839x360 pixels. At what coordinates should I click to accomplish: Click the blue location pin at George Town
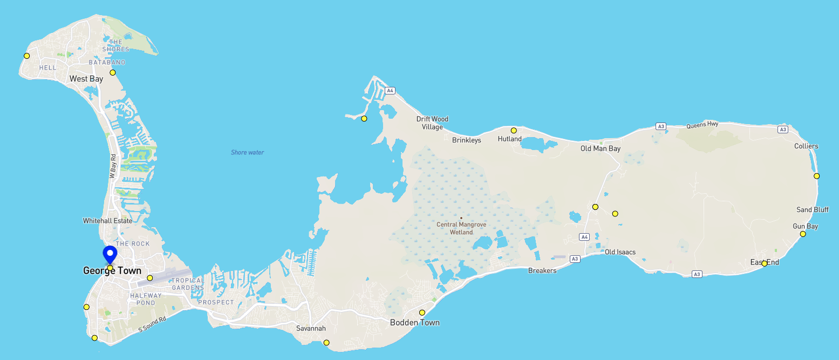tap(110, 254)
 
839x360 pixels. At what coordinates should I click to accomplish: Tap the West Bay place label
tap(86, 79)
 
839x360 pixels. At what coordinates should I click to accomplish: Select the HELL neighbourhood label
tap(47, 67)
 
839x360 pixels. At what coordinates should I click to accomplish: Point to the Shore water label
tap(247, 153)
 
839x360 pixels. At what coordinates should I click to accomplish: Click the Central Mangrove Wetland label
tap(461, 228)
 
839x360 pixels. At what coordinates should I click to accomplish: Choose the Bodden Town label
tap(414, 323)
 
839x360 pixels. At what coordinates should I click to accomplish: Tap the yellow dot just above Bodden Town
tap(422, 313)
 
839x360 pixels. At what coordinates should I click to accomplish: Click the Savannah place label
tap(312, 328)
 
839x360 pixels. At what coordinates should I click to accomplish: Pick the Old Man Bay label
tap(600, 148)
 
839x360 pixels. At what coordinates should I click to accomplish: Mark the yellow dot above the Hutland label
tap(514, 130)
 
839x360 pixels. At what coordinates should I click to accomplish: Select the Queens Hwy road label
tap(702, 125)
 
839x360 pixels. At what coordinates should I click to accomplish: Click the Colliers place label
tap(806, 146)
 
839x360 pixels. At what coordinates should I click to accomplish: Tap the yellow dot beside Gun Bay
tap(803, 234)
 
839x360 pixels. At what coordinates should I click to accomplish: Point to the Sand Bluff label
tap(813, 209)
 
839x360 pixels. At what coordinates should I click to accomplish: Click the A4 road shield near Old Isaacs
tap(583, 236)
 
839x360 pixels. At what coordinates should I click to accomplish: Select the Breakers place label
tap(542, 270)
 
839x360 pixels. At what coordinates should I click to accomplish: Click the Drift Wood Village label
tap(432, 123)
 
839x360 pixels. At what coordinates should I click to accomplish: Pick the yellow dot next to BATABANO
tap(113, 72)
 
